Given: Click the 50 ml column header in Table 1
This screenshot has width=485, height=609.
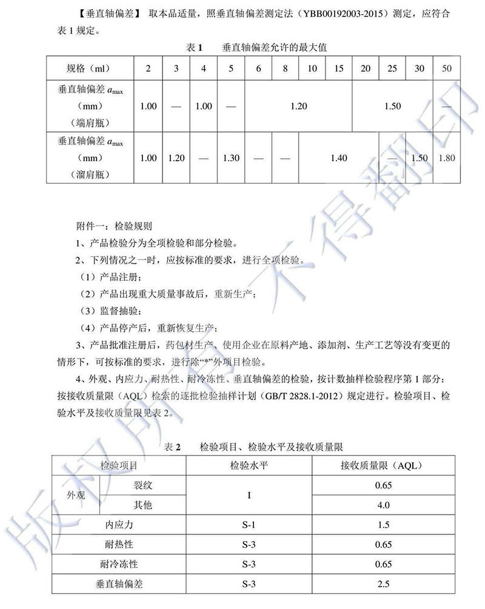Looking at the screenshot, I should pos(447,69).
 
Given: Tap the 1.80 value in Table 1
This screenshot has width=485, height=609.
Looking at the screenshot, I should pos(446,158).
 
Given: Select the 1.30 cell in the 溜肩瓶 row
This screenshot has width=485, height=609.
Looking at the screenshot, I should pos(231,158).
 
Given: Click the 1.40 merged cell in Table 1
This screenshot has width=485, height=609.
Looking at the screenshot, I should pos(339,158).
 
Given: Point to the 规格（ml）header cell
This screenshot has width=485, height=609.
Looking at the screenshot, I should pos(89,69).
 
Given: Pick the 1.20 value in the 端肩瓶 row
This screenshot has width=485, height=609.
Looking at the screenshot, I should pos(299,106).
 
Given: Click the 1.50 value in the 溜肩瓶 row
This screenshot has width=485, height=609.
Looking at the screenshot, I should pos(420,158).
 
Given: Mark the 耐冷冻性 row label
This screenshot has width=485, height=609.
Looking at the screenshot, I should pos(119,564).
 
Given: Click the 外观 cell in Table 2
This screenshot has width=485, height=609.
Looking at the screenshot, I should pos(76,495).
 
